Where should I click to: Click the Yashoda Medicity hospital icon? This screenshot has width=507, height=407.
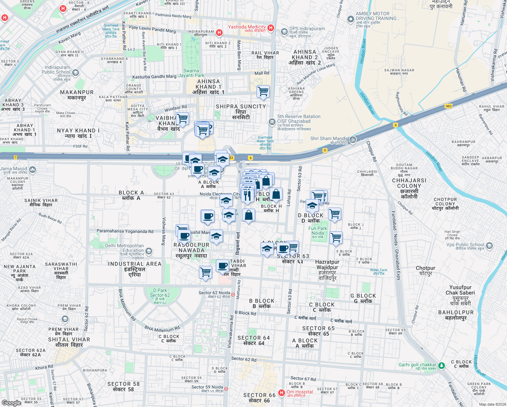pos(270,28)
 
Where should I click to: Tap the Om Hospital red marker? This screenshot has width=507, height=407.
pos(281,393)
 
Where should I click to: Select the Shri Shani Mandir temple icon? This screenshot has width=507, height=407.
pos(353,140)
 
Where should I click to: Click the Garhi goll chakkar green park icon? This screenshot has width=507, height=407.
pos(441,366)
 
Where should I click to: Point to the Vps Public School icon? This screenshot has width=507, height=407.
pos(489,246)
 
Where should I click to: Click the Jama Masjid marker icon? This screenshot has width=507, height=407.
pos(33,169)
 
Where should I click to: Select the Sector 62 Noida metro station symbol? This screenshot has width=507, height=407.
pos(233,294)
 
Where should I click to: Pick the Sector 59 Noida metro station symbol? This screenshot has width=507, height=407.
pos(226,389)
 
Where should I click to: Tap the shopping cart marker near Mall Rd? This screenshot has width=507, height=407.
pos(263,91)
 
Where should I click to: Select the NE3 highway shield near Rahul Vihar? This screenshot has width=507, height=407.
pos(449,106)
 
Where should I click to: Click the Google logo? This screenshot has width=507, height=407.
pos(12,403)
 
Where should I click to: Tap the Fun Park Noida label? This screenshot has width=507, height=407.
pos(318,231)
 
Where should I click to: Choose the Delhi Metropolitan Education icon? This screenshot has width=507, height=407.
pos(148,251)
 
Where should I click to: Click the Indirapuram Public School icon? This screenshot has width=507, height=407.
pos(76,73)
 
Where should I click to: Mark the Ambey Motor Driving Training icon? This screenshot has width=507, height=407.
pos(351,19)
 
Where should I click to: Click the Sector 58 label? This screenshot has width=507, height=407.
pos(123,386)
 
